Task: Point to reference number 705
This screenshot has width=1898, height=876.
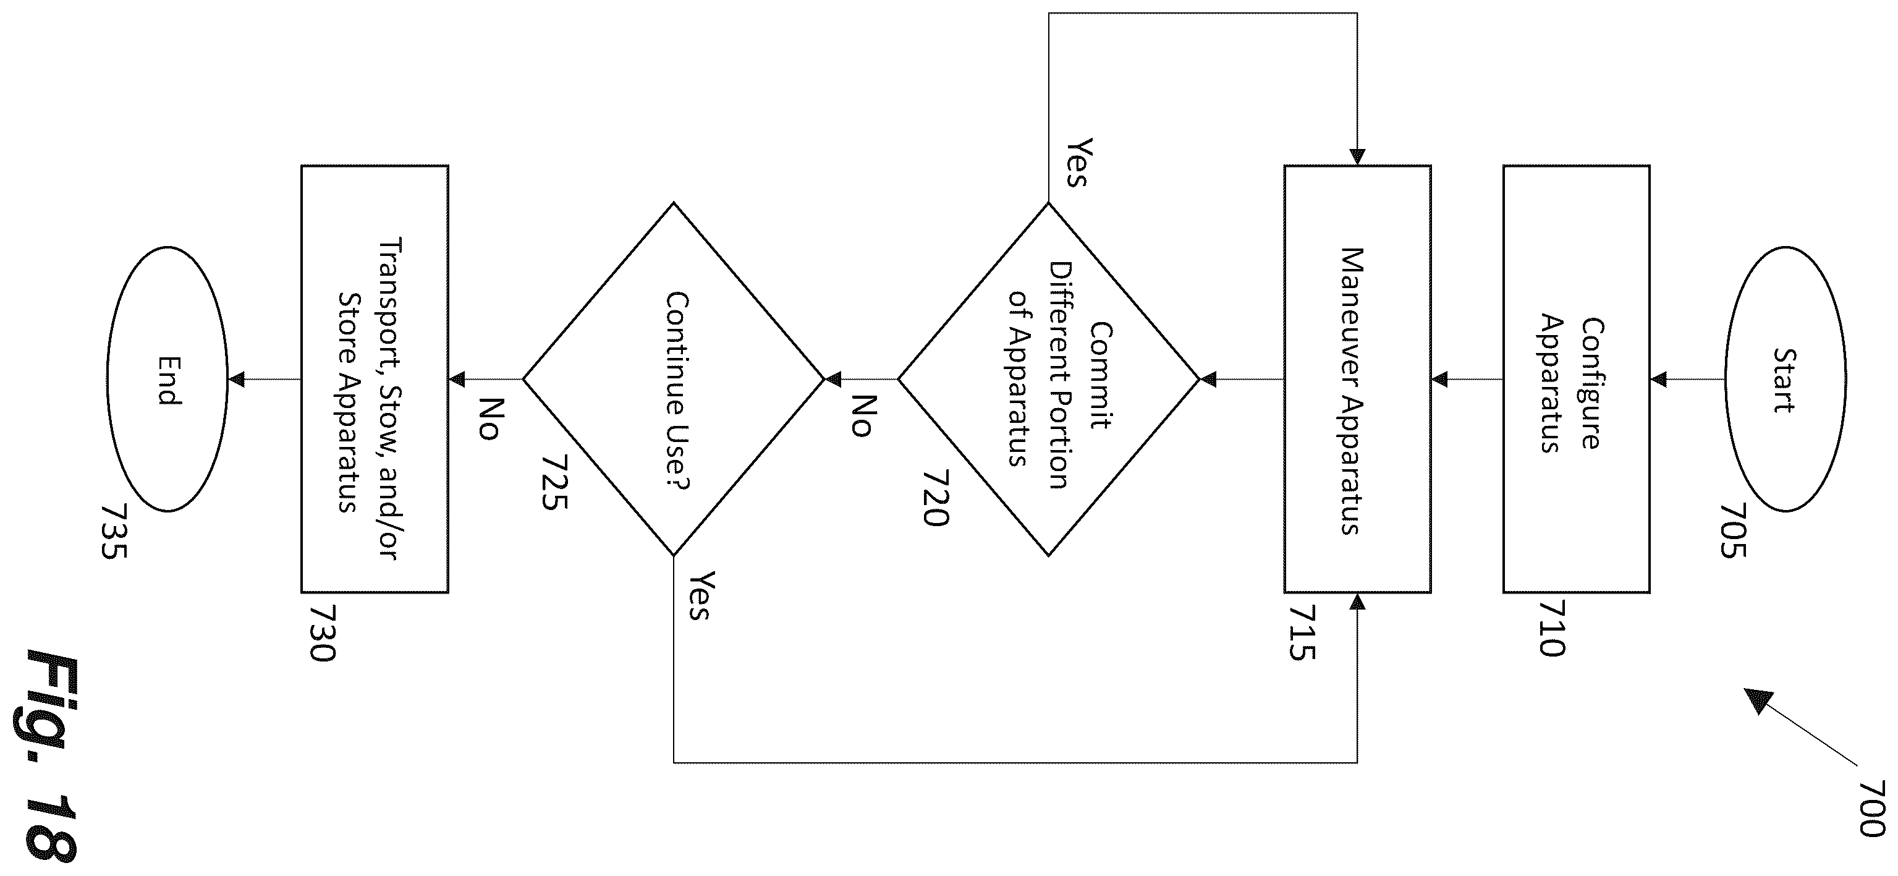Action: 1733,530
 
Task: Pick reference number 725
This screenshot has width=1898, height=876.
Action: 554,483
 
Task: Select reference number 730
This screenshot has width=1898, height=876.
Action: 322,634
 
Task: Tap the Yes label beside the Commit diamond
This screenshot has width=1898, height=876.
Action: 1078,162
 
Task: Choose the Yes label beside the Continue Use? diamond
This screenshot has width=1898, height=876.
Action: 698,595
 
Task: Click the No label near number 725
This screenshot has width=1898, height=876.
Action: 490,419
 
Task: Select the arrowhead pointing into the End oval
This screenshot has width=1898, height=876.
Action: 235,380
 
